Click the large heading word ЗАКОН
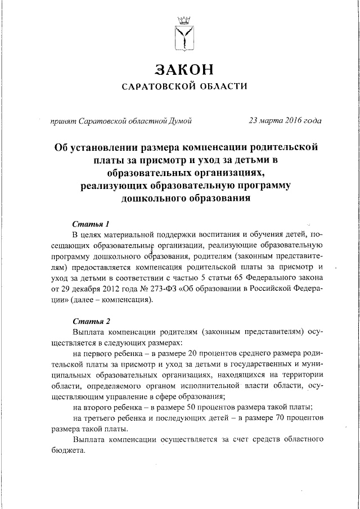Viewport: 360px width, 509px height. tap(184, 70)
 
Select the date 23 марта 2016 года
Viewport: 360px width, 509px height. tap(285, 120)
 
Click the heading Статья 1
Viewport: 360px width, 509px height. tap(91, 224)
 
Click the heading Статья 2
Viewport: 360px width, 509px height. tap(91, 322)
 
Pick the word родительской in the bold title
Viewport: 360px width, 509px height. tap(285, 147)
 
